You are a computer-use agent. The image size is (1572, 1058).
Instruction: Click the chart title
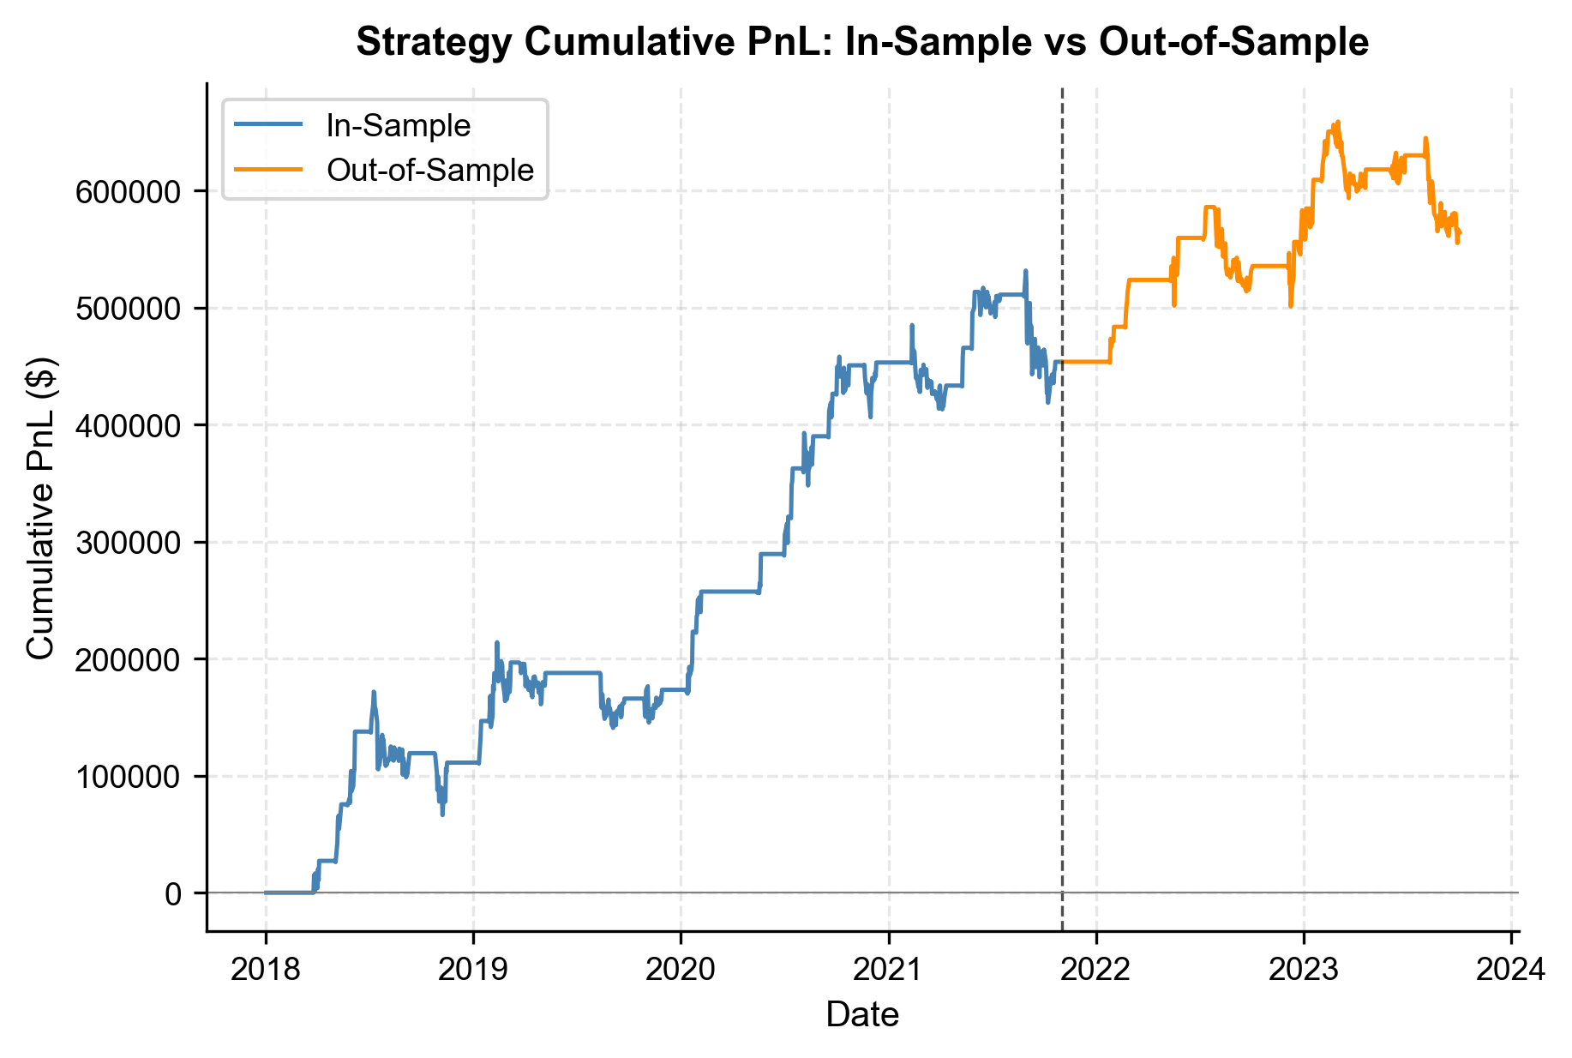point(862,42)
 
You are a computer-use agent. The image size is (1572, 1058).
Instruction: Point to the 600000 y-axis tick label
point(129,191)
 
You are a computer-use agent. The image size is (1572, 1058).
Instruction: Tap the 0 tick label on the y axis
point(173,893)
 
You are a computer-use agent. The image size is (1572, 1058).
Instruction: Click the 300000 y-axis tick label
point(129,543)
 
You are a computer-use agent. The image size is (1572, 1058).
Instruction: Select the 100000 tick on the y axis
point(129,777)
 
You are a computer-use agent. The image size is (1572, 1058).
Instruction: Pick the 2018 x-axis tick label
point(266,970)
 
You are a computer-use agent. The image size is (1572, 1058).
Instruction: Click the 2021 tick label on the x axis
point(889,970)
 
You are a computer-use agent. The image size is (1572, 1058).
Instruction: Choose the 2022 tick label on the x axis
point(1096,970)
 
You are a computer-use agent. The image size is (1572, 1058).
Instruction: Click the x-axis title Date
point(862,1015)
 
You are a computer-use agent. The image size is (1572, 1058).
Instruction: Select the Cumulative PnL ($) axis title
point(40,508)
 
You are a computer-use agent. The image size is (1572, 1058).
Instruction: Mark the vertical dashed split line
point(1063,600)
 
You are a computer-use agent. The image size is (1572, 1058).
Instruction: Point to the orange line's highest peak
point(1338,122)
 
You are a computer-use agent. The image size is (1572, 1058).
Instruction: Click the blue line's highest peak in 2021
point(1025,271)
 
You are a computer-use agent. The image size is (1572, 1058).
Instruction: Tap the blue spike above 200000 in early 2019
point(497,642)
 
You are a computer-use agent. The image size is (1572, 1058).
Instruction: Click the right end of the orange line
point(1460,233)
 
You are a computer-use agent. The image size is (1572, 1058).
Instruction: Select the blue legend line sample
point(268,126)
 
